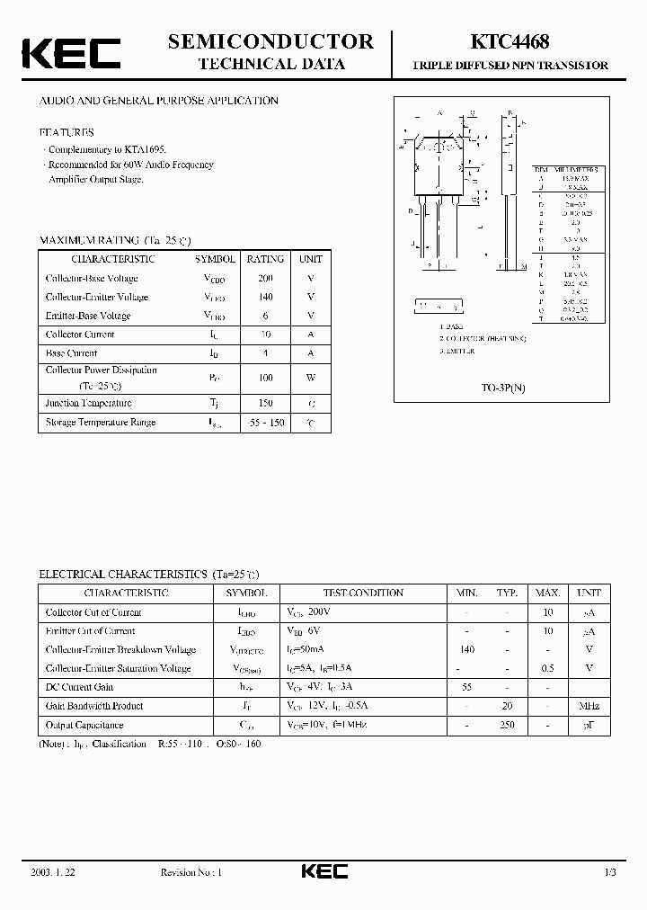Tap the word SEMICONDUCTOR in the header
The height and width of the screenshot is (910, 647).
pyautogui.click(x=270, y=41)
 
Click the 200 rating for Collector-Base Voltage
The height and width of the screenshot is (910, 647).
pyautogui.click(x=265, y=278)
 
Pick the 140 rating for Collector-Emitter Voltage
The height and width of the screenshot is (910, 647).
pyautogui.click(x=265, y=297)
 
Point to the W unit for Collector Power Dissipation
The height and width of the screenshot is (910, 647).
pyautogui.click(x=311, y=378)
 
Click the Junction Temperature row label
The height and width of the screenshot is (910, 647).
pyautogui.click(x=89, y=403)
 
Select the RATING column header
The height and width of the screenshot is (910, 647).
pyautogui.click(x=265, y=259)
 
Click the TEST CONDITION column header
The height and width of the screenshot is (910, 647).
pyautogui.click(x=363, y=593)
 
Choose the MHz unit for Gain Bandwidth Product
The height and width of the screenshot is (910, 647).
pyautogui.click(x=589, y=706)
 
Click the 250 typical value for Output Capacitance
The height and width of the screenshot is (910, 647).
pyautogui.click(x=508, y=725)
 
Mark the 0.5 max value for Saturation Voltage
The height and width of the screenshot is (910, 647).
pyautogui.click(x=547, y=668)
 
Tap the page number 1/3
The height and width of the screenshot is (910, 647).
pyautogui.click(x=610, y=872)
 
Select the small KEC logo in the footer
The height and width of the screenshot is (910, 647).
pyautogui.click(x=323, y=871)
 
